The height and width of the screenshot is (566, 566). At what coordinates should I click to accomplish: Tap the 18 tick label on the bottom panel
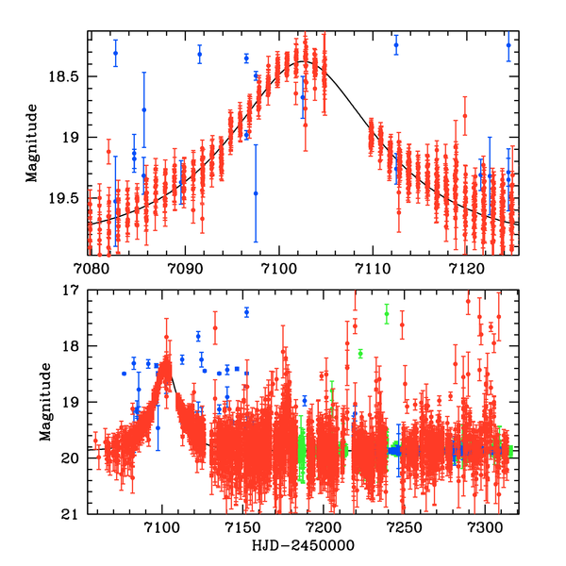(x=72, y=346)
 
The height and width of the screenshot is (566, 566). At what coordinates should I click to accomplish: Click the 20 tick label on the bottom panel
(x=72, y=458)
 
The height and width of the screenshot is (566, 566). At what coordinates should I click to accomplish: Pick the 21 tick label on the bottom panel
(x=72, y=514)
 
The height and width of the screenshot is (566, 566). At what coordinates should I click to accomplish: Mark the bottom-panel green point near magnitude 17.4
(x=387, y=314)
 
